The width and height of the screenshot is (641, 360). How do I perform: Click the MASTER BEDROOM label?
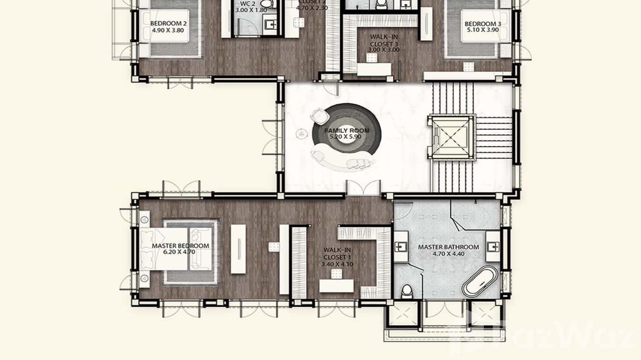[x=180, y=246]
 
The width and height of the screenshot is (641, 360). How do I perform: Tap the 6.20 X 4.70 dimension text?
[x=180, y=252]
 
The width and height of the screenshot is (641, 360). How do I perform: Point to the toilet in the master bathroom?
[x=407, y=290]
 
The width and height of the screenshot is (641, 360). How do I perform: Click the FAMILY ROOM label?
[x=340, y=130]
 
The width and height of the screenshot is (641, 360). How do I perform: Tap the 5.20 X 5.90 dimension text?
[x=340, y=137]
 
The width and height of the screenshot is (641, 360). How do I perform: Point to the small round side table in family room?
[x=300, y=134]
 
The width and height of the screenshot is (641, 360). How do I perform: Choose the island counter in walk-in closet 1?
[x=336, y=286]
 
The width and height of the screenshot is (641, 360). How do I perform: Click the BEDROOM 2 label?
[x=168, y=23]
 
